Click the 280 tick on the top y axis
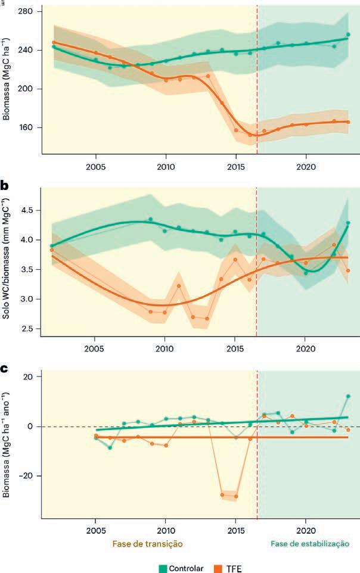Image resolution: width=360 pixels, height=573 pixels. pos(25,11)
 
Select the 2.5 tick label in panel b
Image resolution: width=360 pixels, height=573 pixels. pos(27,328)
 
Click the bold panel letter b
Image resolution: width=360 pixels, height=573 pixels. pos(5,186)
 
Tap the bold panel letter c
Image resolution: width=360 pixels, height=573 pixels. pos(4,369)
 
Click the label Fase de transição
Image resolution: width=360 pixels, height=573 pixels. pos(146,543)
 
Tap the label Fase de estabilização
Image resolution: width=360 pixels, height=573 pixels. pos(310,543)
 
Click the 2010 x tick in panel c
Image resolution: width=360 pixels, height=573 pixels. pos(166,529)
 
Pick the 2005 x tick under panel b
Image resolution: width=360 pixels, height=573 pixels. pos(95,347)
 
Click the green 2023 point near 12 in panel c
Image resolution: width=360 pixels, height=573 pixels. pos(348,396)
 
